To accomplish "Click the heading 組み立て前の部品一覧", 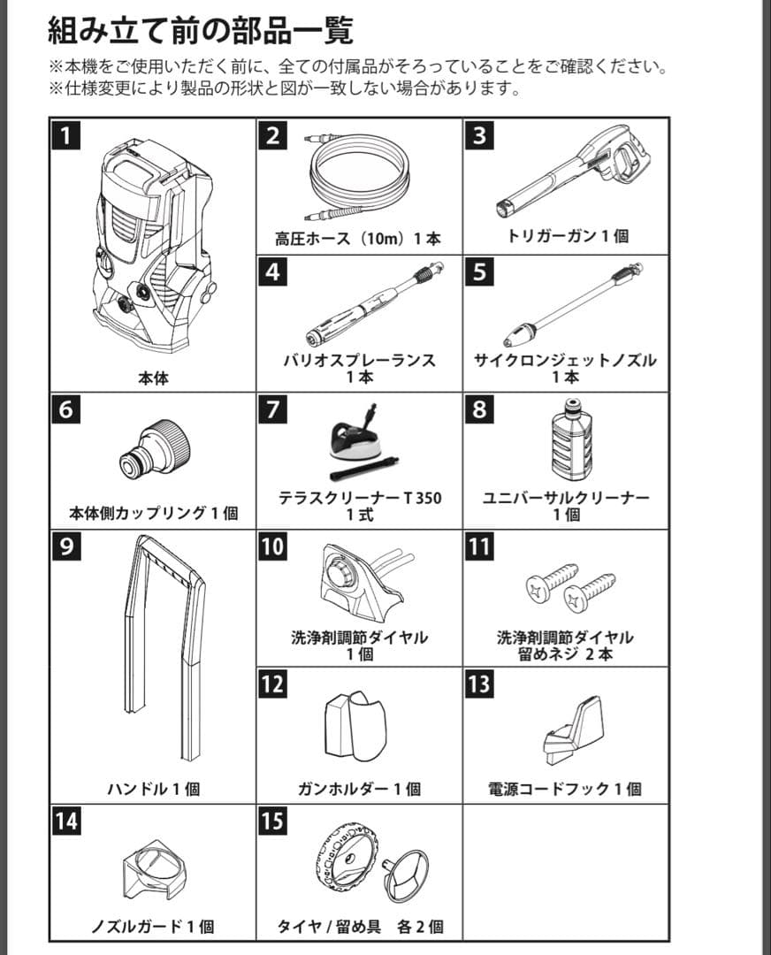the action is [201, 30].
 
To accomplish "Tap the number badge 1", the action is [65, 135].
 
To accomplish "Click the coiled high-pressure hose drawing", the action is [359, 175].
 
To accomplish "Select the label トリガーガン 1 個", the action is [568, 236].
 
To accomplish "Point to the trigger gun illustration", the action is [572, 172].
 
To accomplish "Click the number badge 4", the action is [273, 271].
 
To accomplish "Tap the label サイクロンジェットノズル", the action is [565, 360].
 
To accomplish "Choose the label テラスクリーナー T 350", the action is [360, 498].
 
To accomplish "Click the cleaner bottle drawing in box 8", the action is [572, 439].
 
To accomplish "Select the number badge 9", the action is [65, 546].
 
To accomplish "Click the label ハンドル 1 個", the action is [154, 789].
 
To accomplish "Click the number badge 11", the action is [479, 546].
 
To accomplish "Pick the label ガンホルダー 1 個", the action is [359, 789].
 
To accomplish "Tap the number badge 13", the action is [479, 684].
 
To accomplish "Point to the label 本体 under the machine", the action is [153, 378].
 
